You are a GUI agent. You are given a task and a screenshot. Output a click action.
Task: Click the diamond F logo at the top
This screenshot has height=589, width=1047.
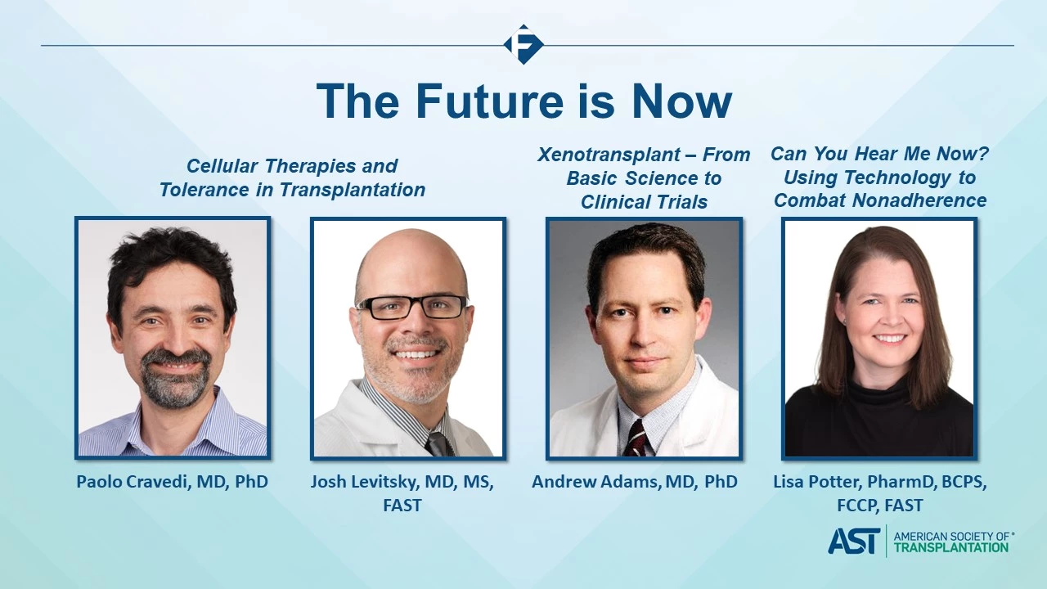pos(523,44)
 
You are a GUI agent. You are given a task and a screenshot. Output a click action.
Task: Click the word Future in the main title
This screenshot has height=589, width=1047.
pos(489,101)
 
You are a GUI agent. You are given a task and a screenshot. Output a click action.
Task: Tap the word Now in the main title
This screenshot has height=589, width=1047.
pos(682,101)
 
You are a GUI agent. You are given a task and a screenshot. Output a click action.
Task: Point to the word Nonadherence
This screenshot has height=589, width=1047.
pos(919,200)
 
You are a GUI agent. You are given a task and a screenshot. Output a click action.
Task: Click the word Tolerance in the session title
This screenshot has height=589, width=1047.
pos(204,190)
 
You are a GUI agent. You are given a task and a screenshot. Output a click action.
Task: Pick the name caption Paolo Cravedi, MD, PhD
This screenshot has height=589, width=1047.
pos(172,482)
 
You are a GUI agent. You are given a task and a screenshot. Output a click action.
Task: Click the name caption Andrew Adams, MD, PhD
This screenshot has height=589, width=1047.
pos(634,482)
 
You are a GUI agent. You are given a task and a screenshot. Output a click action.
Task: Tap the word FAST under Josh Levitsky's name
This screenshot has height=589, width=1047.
pos(402,506)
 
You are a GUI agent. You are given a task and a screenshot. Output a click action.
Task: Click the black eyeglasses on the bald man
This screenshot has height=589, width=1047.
pos(412,308)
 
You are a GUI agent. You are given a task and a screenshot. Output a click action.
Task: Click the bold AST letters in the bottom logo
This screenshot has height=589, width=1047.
pos(854,542)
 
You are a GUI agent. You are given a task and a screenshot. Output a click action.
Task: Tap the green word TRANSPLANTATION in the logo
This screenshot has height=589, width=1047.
pos(950,547)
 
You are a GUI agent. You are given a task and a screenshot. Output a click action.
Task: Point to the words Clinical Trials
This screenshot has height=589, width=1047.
pos(644,202)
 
